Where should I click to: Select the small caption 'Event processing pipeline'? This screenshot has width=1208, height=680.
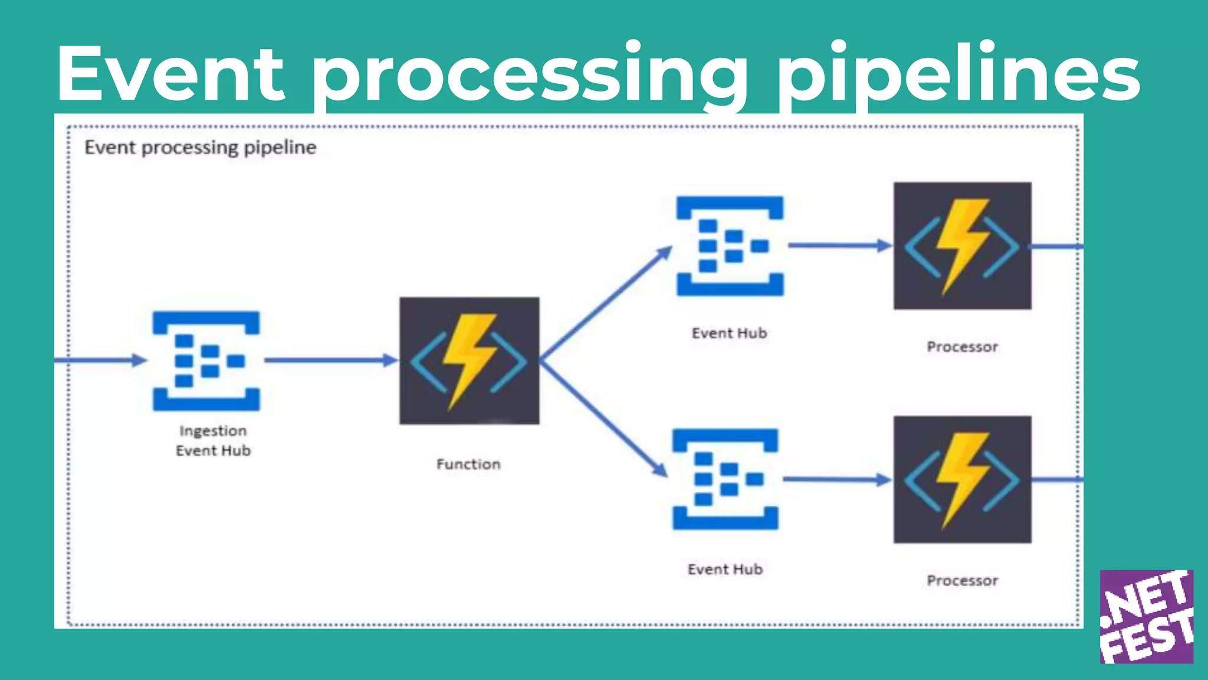[x=201, y=148]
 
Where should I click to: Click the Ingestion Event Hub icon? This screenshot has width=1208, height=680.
[x=206, y=361]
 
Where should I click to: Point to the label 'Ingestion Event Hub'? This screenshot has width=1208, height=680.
[x=213, y=440]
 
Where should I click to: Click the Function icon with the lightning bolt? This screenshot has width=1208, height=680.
[x=469, y=361]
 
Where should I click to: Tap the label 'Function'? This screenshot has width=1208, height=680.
[x=468, y=465]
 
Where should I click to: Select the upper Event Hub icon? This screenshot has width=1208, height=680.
[x=730, y=246]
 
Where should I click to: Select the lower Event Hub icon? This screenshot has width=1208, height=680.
[x=726, y=479]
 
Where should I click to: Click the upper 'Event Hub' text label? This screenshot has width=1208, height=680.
[x=729, y=334]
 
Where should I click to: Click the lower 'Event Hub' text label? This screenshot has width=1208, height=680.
[x=725, y=570]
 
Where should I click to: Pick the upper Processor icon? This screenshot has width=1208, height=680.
[x=962, y=246]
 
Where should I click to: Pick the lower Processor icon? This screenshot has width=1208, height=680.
[x=962, y=479]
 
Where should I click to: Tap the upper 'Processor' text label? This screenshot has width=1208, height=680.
[x=962, y=347]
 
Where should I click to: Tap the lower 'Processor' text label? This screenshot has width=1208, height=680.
[x=962, y=581]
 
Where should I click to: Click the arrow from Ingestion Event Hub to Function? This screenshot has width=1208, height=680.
[x=330, y=360]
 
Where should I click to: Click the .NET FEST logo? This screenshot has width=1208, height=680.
[x=1146, y=616]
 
